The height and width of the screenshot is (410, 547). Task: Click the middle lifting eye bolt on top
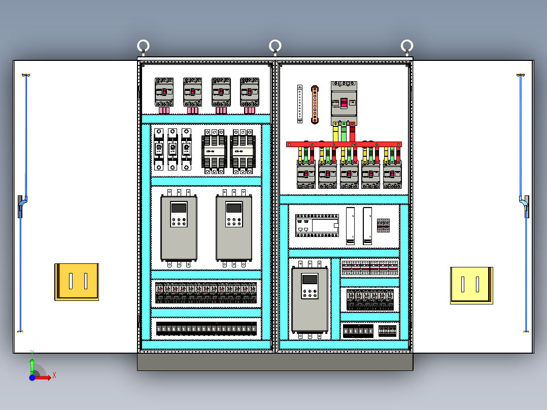[x=275, y=46]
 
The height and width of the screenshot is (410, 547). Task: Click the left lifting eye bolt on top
[x=143, y=46]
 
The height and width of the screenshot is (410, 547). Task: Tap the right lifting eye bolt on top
[x=406, y=46]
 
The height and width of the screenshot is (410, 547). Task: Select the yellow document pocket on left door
[x=77, y=282]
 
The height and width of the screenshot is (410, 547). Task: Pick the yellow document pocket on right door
[x=471, y=285]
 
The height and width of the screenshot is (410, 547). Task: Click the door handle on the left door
[x=21, y=206]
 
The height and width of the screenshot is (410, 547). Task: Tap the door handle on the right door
[x=525, y=206]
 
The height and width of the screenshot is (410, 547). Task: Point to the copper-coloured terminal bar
[x=315, y=105]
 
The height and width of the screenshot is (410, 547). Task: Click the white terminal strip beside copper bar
[x=300, y=104]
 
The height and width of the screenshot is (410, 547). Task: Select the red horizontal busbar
[x=344, y=145]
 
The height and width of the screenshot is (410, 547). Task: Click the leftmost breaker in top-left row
[x=164, y=92]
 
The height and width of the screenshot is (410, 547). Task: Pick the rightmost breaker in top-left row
[x=249, y=92]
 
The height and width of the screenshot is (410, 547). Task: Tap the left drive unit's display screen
[x=179, y=208]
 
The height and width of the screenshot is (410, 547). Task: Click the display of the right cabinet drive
[x=309, y=280]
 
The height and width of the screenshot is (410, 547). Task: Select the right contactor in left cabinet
[x=243, y=151]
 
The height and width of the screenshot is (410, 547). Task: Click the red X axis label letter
[x=54, y=375]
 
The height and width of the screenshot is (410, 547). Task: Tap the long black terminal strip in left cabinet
[x=206, y=329]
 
